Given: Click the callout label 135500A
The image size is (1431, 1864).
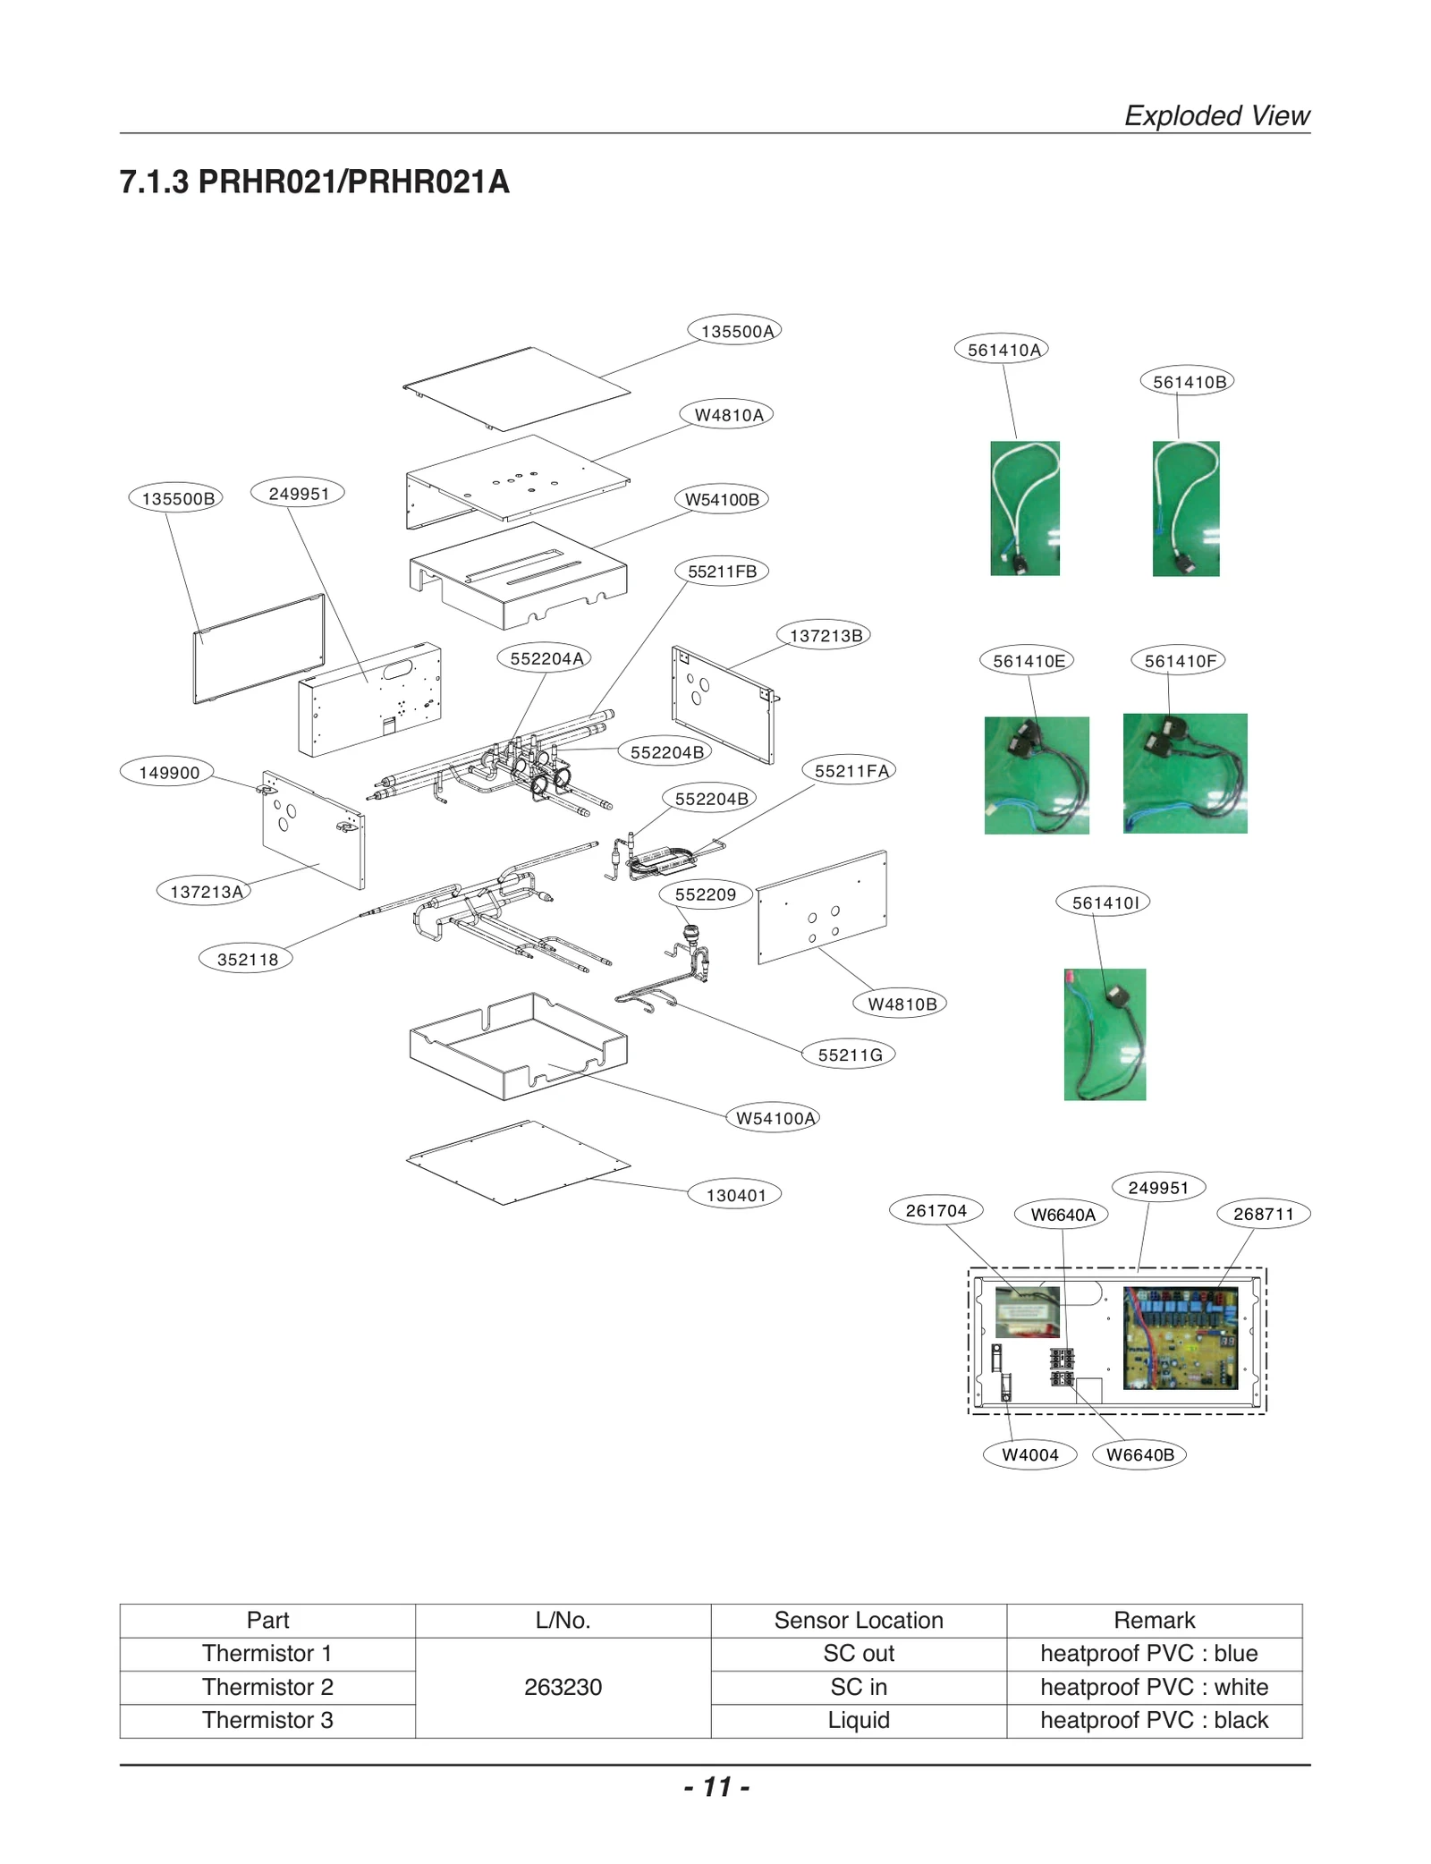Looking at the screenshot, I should click(735, 331).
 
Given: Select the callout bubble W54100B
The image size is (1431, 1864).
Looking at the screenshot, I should click(722, 499).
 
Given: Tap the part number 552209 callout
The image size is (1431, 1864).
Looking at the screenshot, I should click(705, 894).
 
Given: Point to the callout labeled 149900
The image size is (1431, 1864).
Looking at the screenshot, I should click(168, 773).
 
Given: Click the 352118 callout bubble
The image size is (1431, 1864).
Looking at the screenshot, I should click(247, 960).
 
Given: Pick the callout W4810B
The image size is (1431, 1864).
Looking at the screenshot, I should click(902, 1004).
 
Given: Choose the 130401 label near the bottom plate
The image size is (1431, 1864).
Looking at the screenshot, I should click(735, 1195).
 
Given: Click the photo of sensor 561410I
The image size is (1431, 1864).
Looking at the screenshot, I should click(1105, 1034).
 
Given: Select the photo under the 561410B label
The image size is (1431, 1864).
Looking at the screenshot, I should click(1186, 508).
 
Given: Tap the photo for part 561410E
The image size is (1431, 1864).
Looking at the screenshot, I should click(1037, 775).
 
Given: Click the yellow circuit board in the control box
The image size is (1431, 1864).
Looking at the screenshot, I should click(1181, 1338).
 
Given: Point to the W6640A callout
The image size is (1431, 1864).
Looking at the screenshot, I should click(1063, 1215).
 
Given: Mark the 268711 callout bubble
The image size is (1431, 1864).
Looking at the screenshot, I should click(1263, 1214).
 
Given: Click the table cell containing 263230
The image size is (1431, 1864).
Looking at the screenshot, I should click(563, 1687).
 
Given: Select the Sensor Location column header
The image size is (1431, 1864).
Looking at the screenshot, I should click(858, 1620).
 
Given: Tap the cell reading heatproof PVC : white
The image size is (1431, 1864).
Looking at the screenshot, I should click(1154, 1687).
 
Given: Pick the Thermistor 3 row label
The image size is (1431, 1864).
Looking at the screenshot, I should click(267, 1720).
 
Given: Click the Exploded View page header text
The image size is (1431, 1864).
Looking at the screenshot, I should click(1216, 115).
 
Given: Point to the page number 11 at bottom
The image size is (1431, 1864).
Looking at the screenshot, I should click(716, 1787).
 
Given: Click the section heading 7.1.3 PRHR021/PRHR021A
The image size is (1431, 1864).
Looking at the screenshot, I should click(315, 182).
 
